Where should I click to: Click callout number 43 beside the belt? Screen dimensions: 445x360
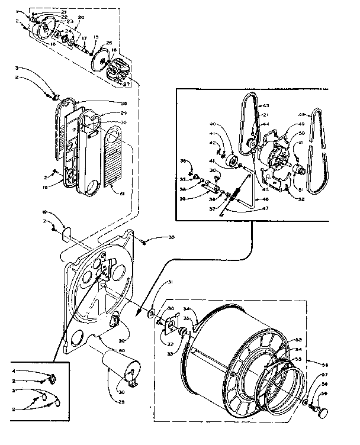[266, 105]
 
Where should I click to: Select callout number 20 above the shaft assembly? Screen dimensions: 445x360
[81, 18]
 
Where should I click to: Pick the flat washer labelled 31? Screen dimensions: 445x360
[153, 311]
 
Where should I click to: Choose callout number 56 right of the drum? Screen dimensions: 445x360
[324, 364]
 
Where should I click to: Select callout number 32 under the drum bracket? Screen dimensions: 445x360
[169, 344]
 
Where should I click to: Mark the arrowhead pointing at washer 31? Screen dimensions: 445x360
[144, 308]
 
